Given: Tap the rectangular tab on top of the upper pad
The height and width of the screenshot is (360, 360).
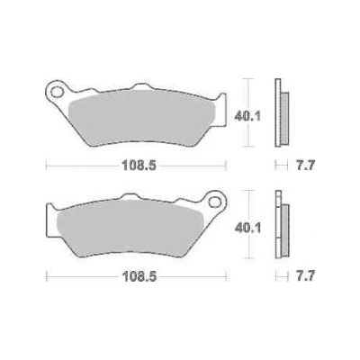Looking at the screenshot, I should (139, 87).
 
